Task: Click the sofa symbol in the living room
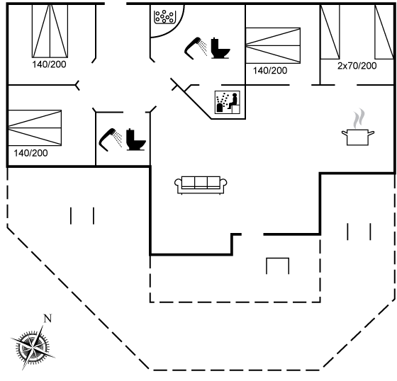tap(201, 185)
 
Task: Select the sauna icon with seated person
tap(228, 102)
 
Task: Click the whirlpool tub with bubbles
tap(164, 17)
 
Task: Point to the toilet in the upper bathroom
tap(220, 48)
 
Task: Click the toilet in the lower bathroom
tap(136, 140)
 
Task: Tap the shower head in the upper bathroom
tap(196, 48)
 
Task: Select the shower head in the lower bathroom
tap(111, 140)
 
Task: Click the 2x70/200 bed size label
tap(357, 66)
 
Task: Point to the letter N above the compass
tap(47, 318)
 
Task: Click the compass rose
tap(33, 347)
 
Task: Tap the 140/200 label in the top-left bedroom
tap(49, 64)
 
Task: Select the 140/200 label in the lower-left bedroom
tap(30, 153)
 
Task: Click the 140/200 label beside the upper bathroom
tap(270, 71)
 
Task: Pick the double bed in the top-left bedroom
tap(50, 31)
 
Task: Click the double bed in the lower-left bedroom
tap(35, 127)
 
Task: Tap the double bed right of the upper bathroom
tap(273, 45)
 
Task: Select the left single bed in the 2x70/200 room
tap(330, 32)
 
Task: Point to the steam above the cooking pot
tap(359, 118)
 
